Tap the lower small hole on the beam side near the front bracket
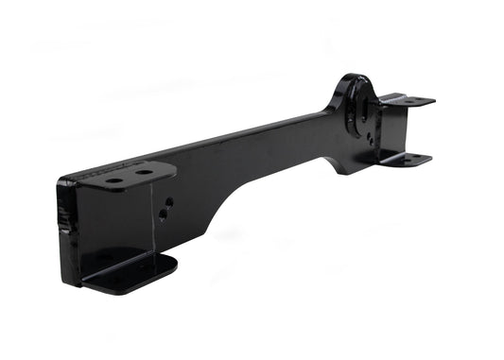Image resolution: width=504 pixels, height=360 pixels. coord(163,215)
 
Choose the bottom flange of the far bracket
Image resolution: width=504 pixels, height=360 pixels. coord(407,159)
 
